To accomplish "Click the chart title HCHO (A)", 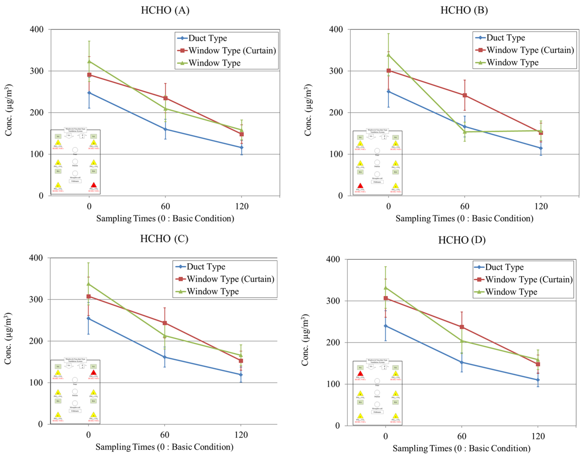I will [x=165, y=10].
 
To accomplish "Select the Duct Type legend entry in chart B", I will [x=506, y=38].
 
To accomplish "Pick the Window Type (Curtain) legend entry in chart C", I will [x=231, y=279].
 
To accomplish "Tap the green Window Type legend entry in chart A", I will [x=214, y=63].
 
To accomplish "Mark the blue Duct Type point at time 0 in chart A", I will [x=89, y=93].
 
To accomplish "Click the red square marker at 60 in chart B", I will [x=465, y=95].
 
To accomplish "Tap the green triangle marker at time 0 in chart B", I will [x=388, y=55].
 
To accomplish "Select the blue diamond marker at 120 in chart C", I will [x=241, y=375].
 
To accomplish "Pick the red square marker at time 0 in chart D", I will [x=386, y=298].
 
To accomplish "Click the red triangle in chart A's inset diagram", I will [x=94, y=185].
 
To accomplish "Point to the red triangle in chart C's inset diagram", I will [x=94, y=373].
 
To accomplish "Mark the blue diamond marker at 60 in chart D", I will [x=462, y=362].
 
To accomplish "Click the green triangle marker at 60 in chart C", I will [x=164, y=336].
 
